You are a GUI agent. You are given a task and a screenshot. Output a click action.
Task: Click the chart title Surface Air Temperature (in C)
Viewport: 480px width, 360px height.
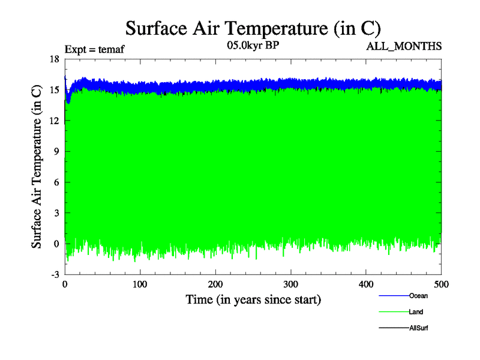(253, 28)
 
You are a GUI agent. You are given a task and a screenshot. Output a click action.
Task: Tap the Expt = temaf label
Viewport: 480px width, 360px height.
(95, 49)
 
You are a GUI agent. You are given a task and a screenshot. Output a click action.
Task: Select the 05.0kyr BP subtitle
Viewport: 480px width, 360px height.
(253, 45)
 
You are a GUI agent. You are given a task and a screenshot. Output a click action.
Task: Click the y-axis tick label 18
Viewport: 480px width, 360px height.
(54, 59)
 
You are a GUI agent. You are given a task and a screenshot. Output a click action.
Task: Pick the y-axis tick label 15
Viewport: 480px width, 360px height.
(54, 90)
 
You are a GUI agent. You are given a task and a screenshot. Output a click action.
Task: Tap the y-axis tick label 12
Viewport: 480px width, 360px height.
(54, 121)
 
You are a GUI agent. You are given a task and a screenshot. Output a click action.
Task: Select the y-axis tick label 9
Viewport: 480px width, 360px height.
(56, 151)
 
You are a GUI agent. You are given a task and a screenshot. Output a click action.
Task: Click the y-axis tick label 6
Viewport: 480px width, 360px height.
(56, 182)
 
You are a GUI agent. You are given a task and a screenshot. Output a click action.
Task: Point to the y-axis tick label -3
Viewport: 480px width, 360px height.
(54, 274)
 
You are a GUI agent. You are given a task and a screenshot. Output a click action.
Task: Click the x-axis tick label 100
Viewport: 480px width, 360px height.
(140, 284)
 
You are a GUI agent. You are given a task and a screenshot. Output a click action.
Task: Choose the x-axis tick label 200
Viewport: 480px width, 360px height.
(215, 284)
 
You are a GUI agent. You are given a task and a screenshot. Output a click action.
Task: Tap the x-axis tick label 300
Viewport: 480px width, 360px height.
(291, 284)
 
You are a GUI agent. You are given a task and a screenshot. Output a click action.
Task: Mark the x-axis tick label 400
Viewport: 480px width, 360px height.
(366, 284)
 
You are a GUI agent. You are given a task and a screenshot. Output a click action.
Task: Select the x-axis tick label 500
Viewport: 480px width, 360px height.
(441, 284)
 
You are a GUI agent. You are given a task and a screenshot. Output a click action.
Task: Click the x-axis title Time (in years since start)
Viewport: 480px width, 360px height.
(253, 299)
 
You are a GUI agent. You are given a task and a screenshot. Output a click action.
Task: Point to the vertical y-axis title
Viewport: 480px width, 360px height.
(37, 166)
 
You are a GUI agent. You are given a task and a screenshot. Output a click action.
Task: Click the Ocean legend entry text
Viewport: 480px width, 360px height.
(418, 296)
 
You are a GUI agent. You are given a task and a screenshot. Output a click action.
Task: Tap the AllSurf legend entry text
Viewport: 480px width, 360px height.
(418, 328)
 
